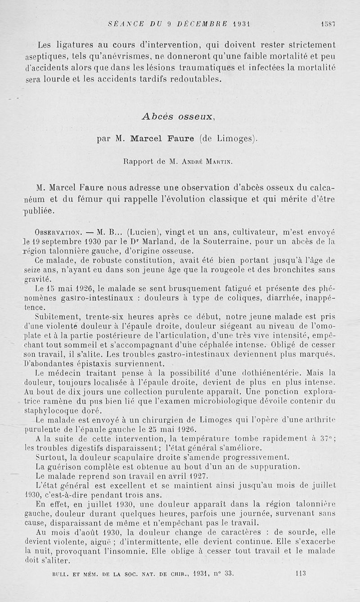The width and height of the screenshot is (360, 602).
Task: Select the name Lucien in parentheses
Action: pyautogui.click(x=141, y=233)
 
